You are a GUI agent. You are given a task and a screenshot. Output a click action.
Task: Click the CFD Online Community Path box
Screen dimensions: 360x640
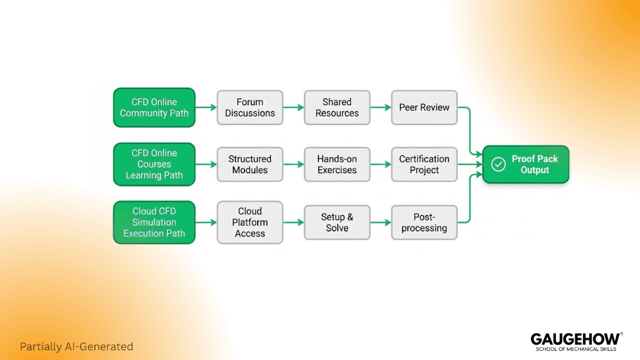pyautogui.click(x=154, y=107)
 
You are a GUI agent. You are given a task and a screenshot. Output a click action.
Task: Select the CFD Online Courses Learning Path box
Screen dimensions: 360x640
pyautogui.click(x=154, y=164)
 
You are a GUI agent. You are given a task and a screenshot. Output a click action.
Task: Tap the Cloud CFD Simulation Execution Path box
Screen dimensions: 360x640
pyautogui.click(x=154, y=222)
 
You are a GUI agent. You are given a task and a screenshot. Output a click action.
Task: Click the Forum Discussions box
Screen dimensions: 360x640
pyautogui.click(x=250, y=107)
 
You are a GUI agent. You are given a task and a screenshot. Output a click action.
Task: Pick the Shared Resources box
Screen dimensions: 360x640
pyautogui.click(x=337, y=107)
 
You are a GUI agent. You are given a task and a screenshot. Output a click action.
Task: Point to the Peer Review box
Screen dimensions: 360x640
pyautogui.click(x=424, y=107)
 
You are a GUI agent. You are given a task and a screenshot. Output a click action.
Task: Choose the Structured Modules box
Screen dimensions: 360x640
pyautogui.click(x=250, y=165)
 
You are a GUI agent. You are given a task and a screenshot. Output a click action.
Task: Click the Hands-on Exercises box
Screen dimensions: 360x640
pyautogui.click(x=337, y=165)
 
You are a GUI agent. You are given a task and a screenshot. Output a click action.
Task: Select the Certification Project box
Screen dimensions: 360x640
pyautogui.click(x=424, y=165)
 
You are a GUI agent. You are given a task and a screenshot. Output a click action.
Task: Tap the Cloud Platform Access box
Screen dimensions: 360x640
pyautogui.click(x=250, y=222)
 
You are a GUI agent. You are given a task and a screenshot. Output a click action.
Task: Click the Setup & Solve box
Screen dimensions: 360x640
pyautogui.click(x=337, y=222)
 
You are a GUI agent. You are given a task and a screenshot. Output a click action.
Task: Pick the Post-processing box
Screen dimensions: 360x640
pyautogui.click(x=424, y=222)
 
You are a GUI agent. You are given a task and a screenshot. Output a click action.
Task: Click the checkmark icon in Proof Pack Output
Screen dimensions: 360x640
pyautogui.click(x=498, y=165)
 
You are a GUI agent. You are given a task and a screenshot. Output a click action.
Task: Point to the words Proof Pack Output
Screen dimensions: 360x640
pyautogui.click(x=535, y=165)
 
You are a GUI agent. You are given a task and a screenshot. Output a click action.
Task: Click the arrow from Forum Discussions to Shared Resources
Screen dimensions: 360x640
pyautogui.click(x=293, y=107)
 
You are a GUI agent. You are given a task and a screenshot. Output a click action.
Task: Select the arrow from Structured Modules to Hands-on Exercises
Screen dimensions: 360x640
pyautogui.click(x=293, y=165)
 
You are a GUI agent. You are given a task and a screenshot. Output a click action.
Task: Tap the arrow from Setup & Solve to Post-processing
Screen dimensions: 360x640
pyautogui.click(x=381, y=222)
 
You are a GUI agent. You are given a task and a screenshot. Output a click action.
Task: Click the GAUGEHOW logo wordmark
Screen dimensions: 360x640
pyautogui.click(x=575, y=339)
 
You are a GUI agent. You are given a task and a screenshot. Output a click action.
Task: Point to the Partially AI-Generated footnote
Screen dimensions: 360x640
pyautogui.click(x=76, y=346)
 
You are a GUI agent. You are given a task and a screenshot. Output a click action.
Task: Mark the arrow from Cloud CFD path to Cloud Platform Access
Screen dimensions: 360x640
pyautogui.click(x=206, y=222)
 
